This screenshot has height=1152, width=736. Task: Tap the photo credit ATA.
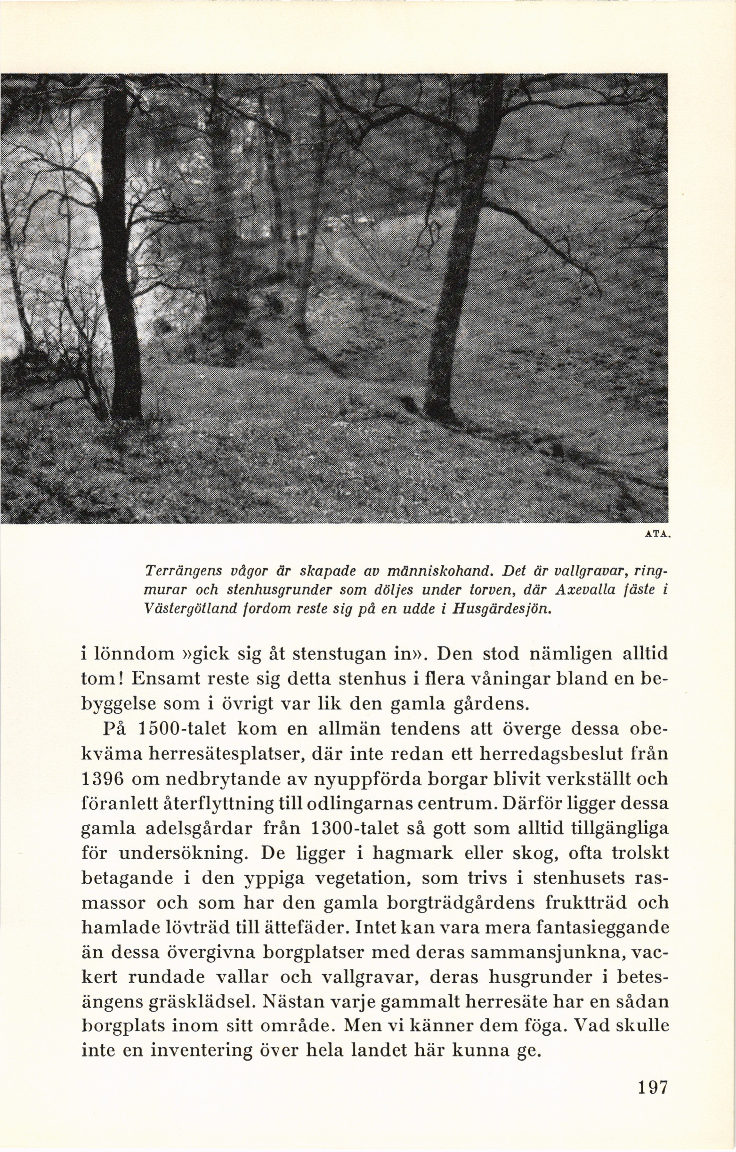tap(659, 537)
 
